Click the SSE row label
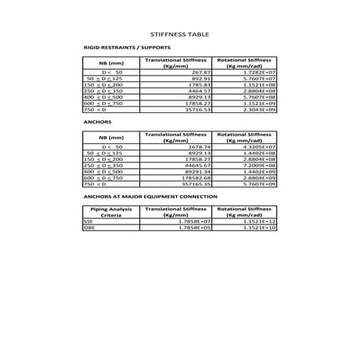[88, 221]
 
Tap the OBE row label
[88, 228]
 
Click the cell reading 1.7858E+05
[192, 228]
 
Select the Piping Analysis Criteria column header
[111, 212]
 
